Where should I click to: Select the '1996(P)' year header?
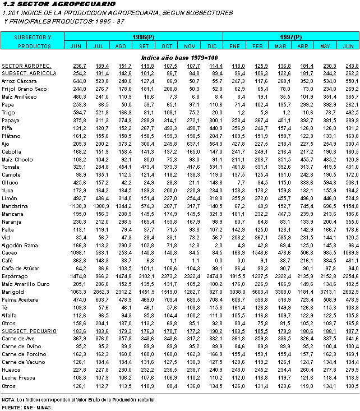click(144, 37)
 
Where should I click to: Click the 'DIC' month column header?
click(212, 45)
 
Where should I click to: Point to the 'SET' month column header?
click(144, 45)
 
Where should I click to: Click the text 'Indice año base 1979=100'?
click(179, 58)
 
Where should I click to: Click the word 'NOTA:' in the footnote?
click(8, 399)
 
